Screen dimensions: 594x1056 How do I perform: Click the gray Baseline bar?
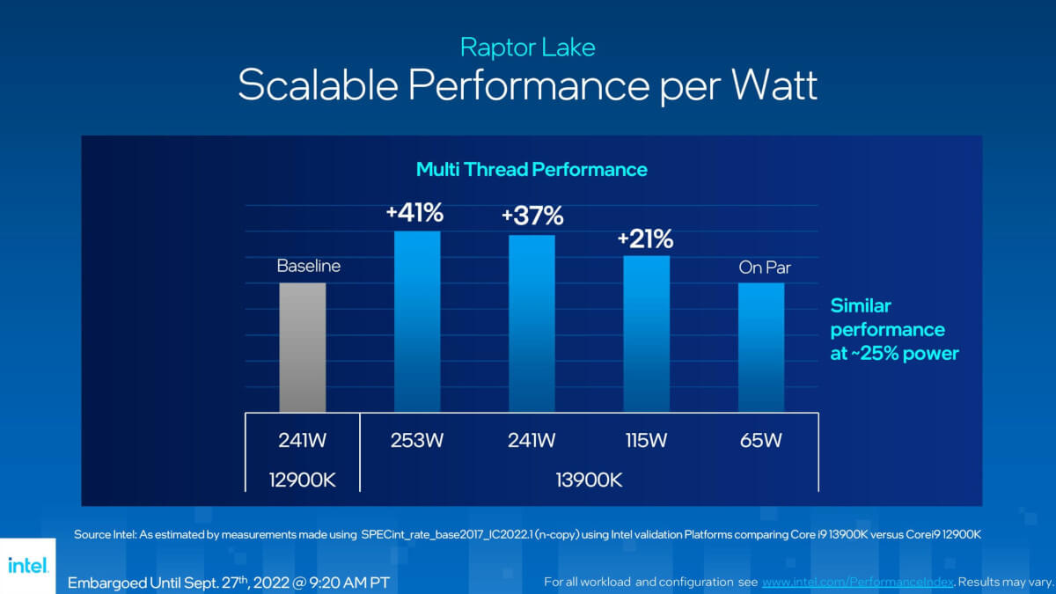(303, 347)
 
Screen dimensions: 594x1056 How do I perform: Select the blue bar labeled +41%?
(417, 321)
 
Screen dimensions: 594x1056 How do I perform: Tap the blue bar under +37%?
(532, 323)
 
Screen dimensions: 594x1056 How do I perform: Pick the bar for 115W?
(647, 334)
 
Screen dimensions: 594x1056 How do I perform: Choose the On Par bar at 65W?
(761, 347)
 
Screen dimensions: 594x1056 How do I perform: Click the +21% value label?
(645, 238)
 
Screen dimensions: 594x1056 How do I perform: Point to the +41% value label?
(414, 214)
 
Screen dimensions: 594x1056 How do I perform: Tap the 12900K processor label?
(303, 479)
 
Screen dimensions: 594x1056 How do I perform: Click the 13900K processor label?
(589, 479)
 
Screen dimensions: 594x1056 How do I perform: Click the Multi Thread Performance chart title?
(532, 169)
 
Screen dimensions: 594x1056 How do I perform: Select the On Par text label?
(764, 268)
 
